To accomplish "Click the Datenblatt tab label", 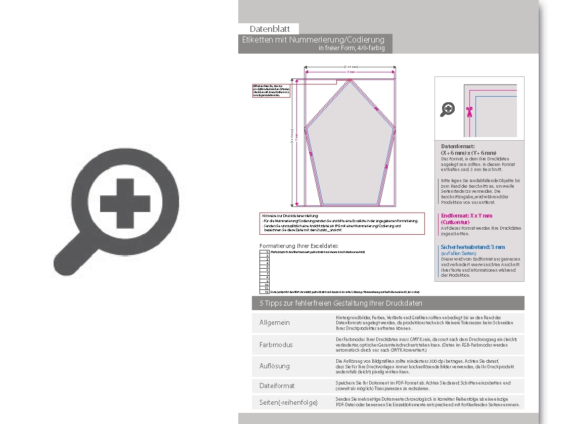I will point(270,29).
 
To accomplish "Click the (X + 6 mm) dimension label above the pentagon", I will point(351,67).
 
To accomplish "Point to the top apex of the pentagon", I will point(350,81).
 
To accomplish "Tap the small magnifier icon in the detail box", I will point(448,109).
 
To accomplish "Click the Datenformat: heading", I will point(458,146).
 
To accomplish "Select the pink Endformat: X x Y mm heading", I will point(466,216).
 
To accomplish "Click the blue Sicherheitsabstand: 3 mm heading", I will point(472,247).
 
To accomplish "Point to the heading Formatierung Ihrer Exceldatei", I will point(298,246).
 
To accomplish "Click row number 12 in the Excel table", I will point(266,292).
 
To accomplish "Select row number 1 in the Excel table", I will point(266,251).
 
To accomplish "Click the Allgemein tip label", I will point(275,323).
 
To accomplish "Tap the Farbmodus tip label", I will point(276,345).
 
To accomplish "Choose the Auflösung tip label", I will point(275,366).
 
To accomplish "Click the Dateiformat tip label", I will point(277,386).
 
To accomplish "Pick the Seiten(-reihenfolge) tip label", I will point(288,402).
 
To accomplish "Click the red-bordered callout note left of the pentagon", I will point(271,91).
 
